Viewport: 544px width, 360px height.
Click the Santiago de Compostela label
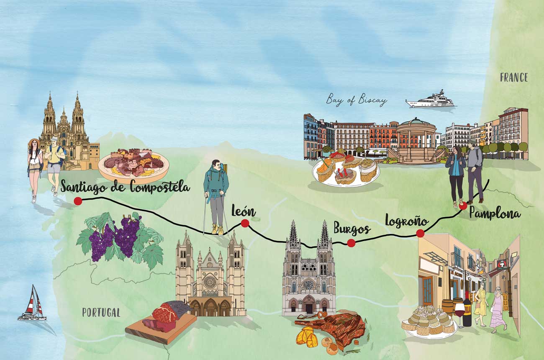(125, 187)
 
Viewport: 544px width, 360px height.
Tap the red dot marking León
(245, 224)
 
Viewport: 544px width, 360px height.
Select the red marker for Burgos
(351, 243)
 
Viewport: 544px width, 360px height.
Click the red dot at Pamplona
(463, 206)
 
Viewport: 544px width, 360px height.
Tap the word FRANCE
(513, 77)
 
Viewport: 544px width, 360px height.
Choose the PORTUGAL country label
(101, 312)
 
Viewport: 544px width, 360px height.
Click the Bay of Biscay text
(357, 100)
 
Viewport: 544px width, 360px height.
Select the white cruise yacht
(430, 100)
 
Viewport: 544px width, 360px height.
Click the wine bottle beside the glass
(467, 310)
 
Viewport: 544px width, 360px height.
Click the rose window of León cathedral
(210, 281)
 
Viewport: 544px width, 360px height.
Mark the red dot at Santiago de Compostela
(77, 201)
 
